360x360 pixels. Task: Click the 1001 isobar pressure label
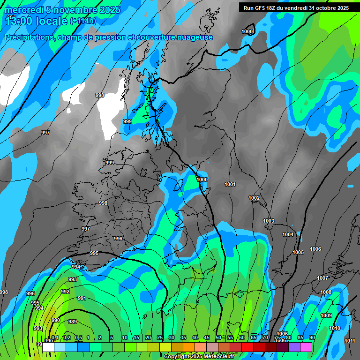coord(230,184)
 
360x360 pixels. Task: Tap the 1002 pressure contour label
coord(254,198)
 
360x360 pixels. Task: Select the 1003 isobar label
coord(269,221)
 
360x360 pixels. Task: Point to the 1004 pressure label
coord(288,234)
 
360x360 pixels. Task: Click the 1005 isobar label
coord(298,252)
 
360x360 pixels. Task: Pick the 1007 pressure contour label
coord(322,278)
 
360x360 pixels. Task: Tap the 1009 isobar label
coord(326,315)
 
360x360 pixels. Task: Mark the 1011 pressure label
coord(350,341)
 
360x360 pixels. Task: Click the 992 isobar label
coord(65,292)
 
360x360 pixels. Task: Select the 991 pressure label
coord(82,298)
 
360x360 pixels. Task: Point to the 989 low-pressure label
coord(73,322)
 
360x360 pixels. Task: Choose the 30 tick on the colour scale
coord(171,337)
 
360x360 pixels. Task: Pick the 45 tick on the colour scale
coord(206,337)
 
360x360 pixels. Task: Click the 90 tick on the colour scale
coord(312,337)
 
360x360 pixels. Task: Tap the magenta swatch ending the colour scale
coord(307,347)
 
